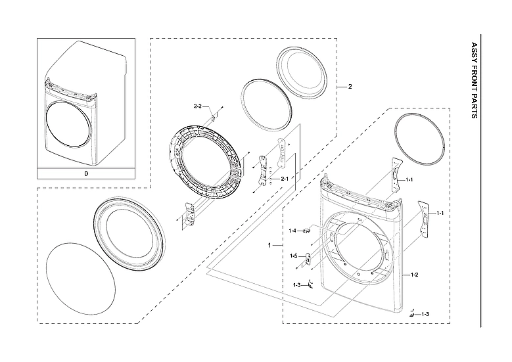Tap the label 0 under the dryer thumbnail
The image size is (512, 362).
[x=85, y=174]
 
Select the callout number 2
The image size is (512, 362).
[x=350, y=87]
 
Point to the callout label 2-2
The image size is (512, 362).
[x=198, y=106]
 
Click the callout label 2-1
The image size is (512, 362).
[x=285, y=179]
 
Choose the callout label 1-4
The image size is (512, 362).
[x=293, y=231]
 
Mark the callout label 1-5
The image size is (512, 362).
[x=294, y=256]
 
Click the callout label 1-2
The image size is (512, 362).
[x=415, y=274]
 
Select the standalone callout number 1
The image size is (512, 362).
[x=269, y=244]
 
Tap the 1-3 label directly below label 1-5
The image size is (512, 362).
[x=296, y=284]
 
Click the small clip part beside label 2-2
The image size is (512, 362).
[x=214, y=117]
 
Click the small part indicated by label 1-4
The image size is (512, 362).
[x=306, y=230]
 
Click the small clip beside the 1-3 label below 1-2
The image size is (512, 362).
[x=411, y=314]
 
